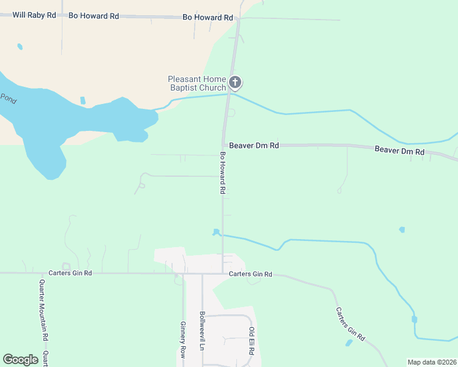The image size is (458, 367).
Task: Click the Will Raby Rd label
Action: point(34,14)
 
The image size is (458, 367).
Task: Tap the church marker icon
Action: point(235,83)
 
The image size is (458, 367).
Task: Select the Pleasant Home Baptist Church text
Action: point(197,83)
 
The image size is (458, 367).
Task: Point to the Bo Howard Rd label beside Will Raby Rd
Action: point(94,16)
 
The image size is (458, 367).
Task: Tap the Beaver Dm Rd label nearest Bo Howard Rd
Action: point(255,146)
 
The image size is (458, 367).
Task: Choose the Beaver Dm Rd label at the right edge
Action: point(399,150)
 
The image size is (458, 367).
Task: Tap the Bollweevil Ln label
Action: point(202,330)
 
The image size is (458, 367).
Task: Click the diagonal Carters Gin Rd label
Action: point(350,324)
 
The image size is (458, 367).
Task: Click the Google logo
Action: point(20,359)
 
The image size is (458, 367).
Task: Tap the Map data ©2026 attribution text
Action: point(432,362)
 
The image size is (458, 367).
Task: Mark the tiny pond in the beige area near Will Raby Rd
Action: point(20,46)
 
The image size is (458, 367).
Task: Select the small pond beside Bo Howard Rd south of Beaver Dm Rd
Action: point(216,232)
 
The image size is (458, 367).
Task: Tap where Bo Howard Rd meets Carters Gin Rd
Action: point(222,273)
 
